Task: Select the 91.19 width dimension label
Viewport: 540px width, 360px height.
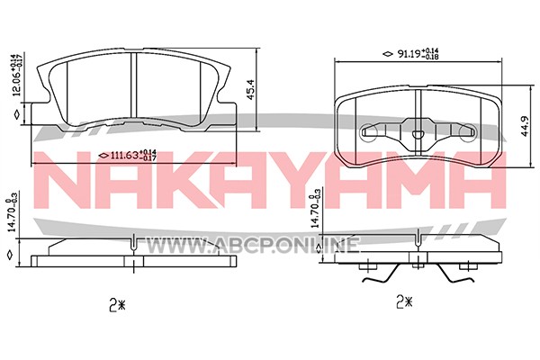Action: pos(418,54)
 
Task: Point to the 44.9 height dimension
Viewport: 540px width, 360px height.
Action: pos(525,127)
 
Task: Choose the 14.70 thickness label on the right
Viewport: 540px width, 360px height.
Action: pos(315,209)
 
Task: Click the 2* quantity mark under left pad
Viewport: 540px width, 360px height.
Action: pos(116,305)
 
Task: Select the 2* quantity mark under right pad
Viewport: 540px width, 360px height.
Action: pos(404,302)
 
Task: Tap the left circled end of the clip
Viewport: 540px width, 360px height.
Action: pos(368,131)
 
